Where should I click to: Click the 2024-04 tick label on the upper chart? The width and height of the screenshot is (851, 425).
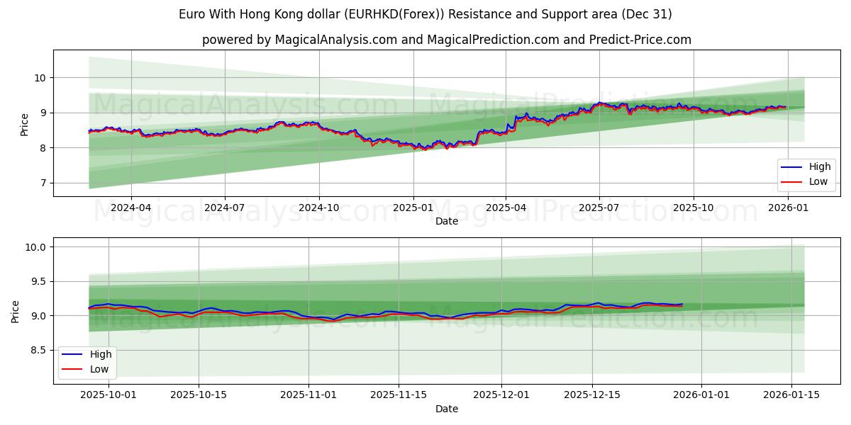(130, 208)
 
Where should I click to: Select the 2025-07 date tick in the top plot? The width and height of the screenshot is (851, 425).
(599, 208)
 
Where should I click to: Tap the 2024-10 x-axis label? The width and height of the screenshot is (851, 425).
(318, 208)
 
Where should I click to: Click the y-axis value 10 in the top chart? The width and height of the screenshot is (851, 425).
(41, 78)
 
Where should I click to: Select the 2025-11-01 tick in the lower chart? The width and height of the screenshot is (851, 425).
(309, 395)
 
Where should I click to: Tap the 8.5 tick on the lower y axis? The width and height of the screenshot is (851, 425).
(38, 350)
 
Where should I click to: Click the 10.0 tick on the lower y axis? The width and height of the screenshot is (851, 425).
(35, 247)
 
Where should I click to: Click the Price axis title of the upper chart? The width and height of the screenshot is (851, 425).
(25, 124)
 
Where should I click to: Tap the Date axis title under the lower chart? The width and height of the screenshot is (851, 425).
(447, 409)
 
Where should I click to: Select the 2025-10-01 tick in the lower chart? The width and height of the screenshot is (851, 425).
(109, 395)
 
